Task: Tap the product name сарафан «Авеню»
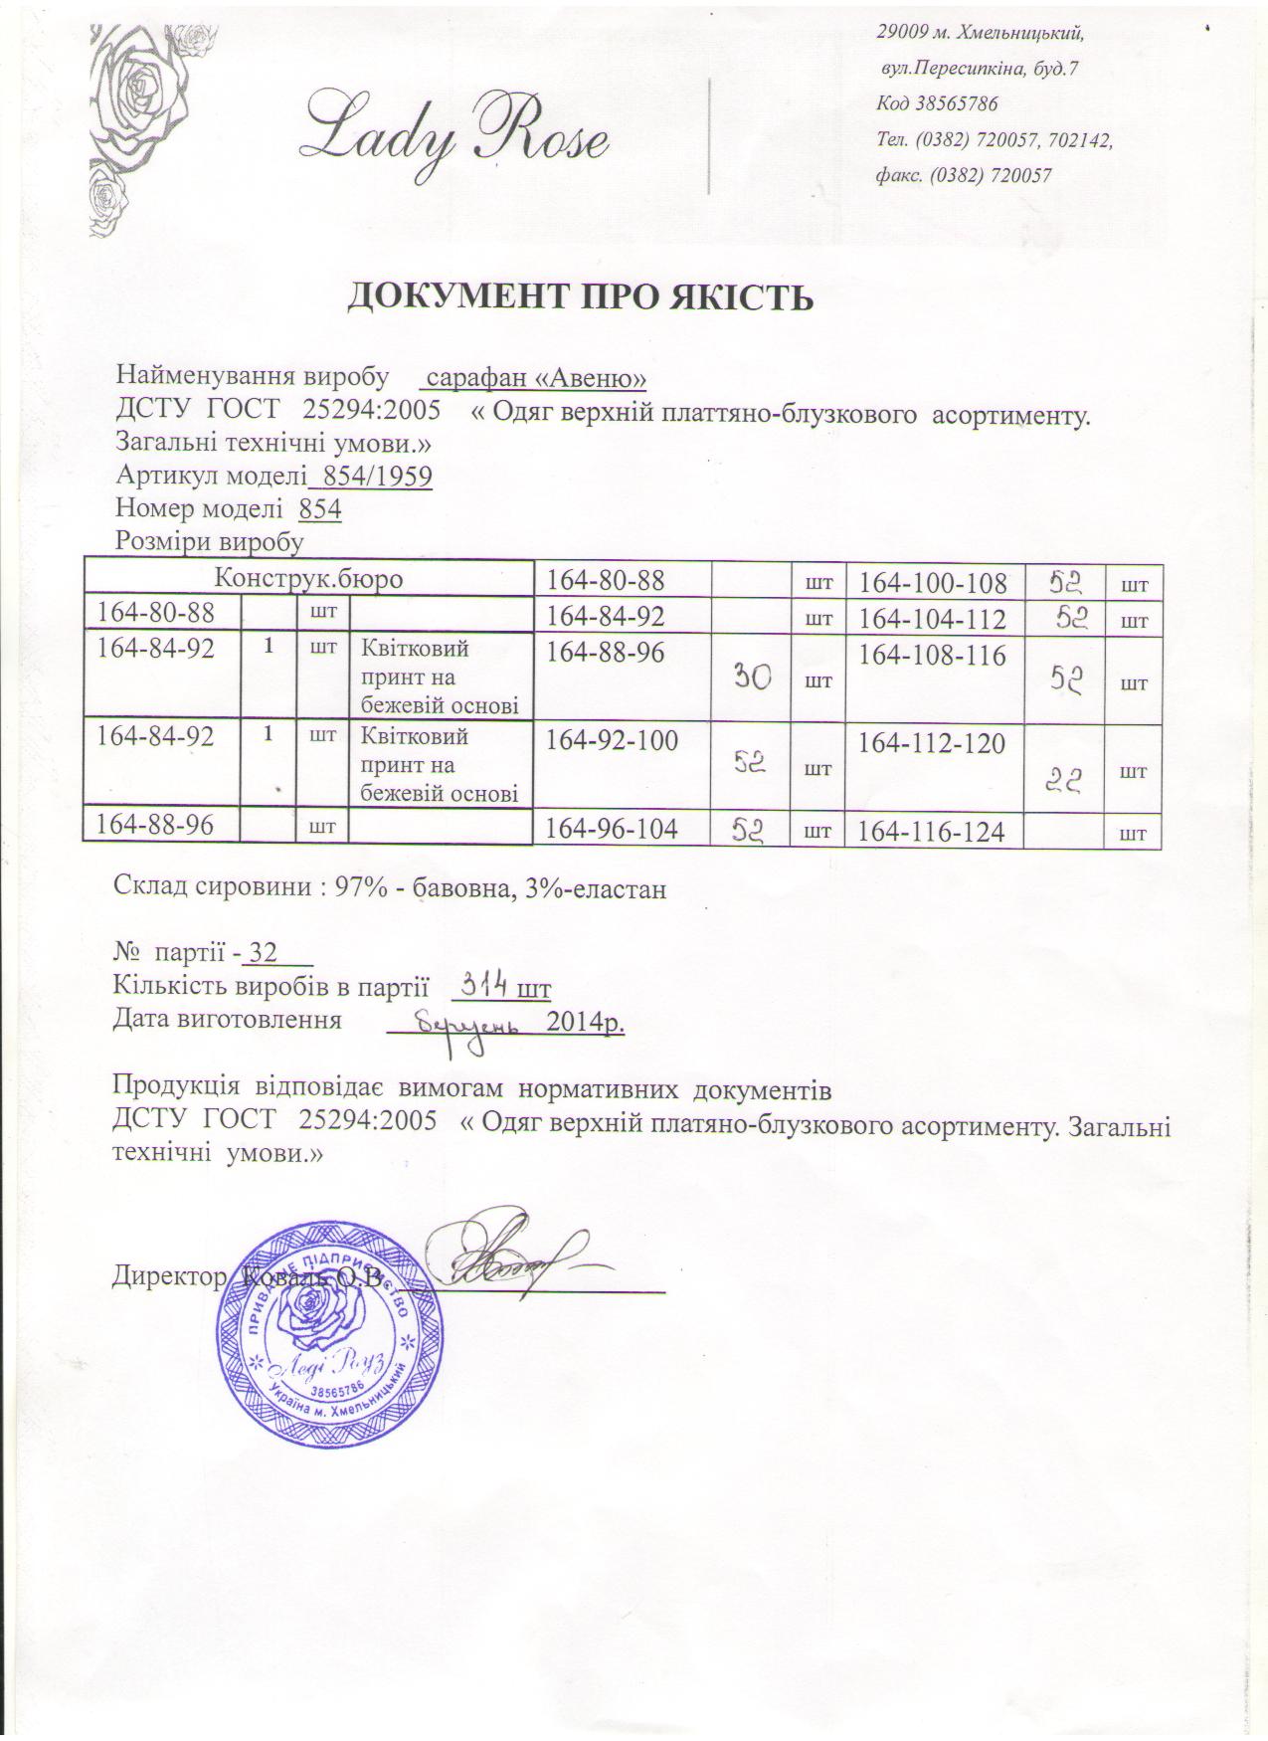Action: (534, 378)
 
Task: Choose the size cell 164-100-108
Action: (933, 584)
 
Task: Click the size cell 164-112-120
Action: (932, 743)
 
